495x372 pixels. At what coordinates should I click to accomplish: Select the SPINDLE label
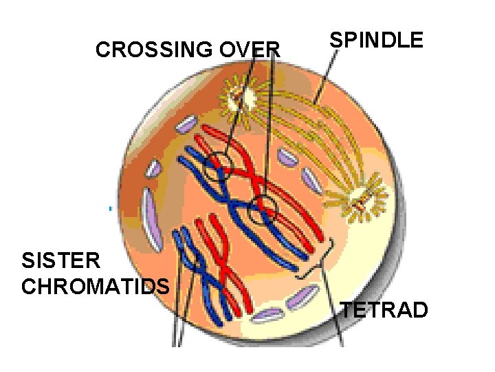pyautogui.click(x=376, y=40)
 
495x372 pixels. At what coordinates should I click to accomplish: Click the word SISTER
pyautogui.click(x=62, y=261)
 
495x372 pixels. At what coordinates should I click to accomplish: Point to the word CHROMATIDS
pyautogui.click(x=96, y=286)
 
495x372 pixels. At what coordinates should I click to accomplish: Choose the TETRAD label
pyautogui.click(x=384, y=311)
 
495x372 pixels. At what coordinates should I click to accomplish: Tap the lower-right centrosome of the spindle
pyautogui.click(x=360, y=203)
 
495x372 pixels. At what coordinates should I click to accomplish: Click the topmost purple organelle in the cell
pyautogui.click(x=186, y=125)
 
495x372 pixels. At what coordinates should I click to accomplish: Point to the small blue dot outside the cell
pyautogui.click(x=109, y=207)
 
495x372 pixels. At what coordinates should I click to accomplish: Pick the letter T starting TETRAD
pyautogui.click(x=348, y=311)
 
